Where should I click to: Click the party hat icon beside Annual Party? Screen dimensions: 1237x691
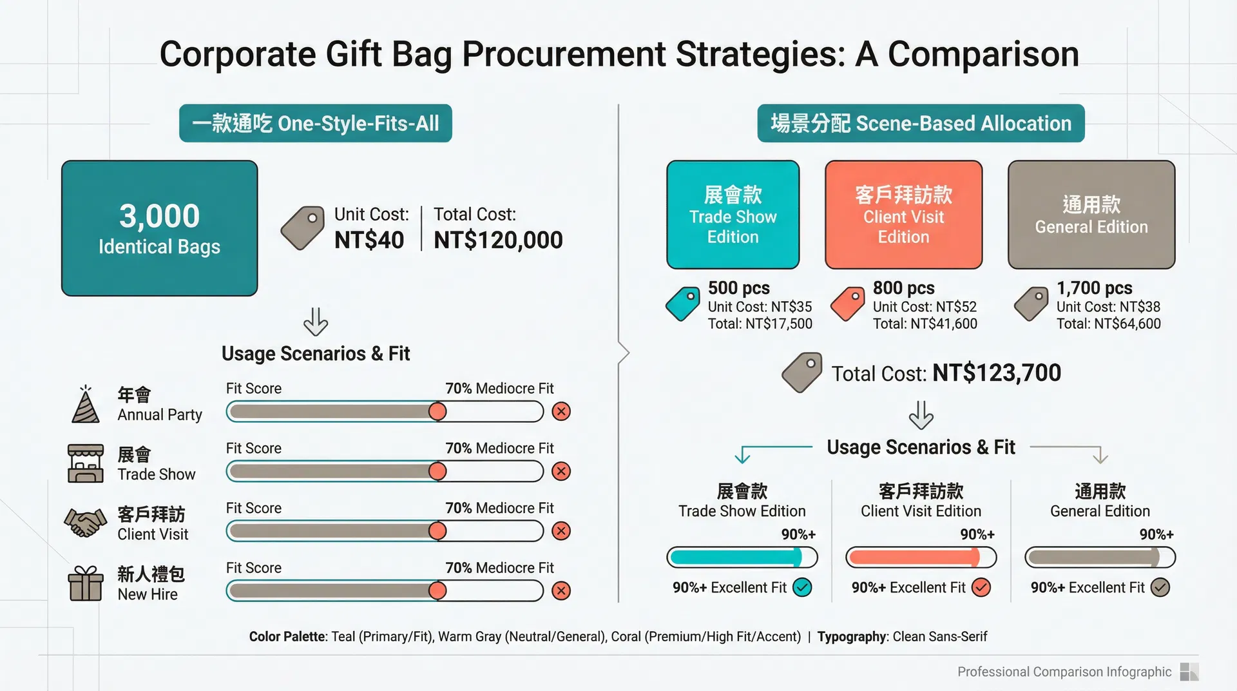85,404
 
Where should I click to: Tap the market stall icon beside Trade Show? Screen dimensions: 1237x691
86,463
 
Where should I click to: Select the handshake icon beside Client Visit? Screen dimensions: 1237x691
85,523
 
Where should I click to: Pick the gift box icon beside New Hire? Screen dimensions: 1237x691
86,583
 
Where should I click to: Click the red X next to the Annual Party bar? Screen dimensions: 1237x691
561,411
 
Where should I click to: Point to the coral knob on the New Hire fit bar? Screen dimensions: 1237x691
437,590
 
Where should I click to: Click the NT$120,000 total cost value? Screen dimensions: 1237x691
498,240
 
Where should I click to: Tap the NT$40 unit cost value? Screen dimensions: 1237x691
369,240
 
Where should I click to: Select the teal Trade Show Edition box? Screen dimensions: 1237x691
733,215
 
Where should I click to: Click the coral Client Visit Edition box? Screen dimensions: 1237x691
904,215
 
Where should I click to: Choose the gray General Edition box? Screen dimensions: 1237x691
1091,215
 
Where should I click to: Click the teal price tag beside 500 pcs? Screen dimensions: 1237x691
683,304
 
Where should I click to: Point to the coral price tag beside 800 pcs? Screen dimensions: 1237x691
848,304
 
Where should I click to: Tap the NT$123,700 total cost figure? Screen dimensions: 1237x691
997,373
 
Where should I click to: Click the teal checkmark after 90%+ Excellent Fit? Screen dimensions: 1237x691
802,587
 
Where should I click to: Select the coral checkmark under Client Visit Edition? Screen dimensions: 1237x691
981,587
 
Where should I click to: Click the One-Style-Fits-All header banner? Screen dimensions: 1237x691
316,123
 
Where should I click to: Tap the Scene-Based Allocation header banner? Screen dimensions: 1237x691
921,123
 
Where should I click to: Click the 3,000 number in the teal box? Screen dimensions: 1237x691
160,216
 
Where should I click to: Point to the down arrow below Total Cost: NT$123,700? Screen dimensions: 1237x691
921,415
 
